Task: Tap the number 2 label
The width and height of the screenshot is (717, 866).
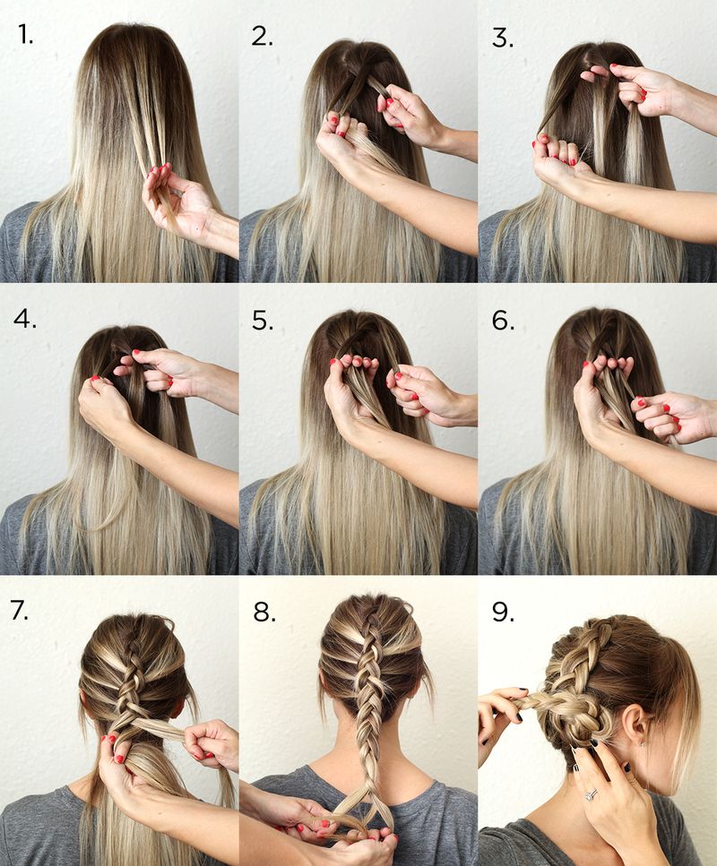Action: (x=262, y=36)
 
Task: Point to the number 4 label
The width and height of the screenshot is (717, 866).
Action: (x=26, y=319)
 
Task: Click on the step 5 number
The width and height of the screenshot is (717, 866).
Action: (x=262, y=320)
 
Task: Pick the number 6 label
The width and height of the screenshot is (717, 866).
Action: (x=502, y=320)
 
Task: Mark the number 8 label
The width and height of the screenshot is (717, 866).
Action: (x=263, y=611)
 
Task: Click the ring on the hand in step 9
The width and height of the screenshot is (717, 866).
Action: (x=591, y=793)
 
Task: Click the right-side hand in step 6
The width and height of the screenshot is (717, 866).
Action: (x=668, y=416)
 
